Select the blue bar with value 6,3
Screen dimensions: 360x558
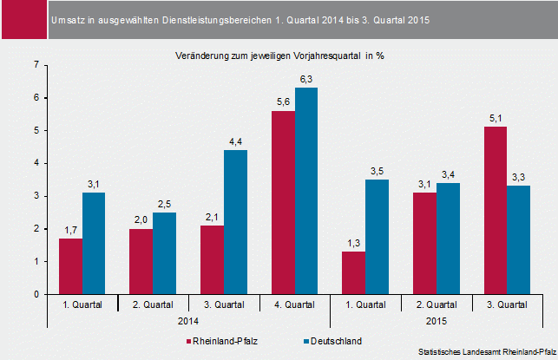click(306, 191)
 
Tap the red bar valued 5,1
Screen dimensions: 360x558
click(496, 211)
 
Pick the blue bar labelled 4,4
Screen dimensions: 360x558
click(235, 222)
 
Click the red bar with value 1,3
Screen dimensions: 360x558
click(354, 272)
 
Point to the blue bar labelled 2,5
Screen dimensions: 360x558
click(164, 253)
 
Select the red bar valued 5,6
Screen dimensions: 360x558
click(283, 202)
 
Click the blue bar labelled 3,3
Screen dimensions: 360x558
click(519, 240)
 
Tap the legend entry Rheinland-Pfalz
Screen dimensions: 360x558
click(228, 340)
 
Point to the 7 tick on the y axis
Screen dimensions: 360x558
click(35, 65)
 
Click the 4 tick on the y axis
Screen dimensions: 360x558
click(35, 163)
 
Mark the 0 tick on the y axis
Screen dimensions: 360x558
click(35, 294)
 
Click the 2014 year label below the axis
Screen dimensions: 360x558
click(188, 321)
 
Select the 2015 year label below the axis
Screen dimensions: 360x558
click(437, 321)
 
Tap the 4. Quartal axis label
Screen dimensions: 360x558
click(294, 304)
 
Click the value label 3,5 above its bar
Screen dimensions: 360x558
click(377, 172)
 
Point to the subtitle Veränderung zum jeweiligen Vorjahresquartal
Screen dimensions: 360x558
click(279, 55)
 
